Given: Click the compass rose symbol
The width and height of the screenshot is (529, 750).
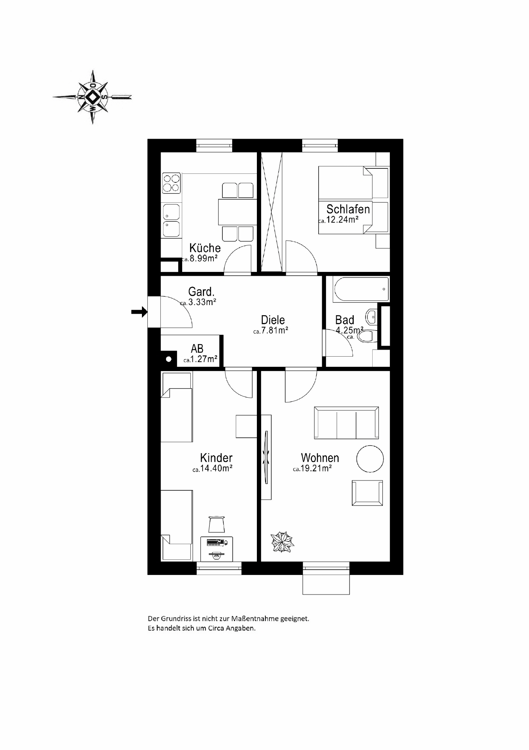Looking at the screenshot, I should click(x=93, y=97).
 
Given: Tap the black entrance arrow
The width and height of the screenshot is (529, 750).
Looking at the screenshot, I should click(x=139, y=312).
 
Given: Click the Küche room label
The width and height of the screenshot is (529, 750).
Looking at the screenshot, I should click(x=205, y=248).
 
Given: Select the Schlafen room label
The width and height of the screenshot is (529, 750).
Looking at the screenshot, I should click(x=348, y=209).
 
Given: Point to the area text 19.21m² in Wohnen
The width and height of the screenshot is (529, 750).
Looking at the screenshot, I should click(x=316, y=468).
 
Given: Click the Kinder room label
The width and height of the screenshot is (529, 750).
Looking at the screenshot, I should click(x=216, y=458).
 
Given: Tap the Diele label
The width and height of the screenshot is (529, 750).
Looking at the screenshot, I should click(x=273, y=320).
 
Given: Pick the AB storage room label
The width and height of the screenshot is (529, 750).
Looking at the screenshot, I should click(x=197, y=348).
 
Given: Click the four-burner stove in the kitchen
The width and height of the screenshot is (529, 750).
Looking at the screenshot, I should click(x=172, y=183).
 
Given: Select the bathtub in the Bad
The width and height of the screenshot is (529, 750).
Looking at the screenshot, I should click(x=361, y=289).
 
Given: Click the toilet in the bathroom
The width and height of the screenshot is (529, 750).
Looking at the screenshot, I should click(x=366, y=336).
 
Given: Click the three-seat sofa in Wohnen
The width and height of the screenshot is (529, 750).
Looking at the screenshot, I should click(x=346, y=423).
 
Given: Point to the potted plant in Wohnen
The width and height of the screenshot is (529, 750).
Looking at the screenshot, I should click(x=282, y=542).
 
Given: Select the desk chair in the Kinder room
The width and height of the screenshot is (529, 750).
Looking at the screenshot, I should click(x=217, y=524).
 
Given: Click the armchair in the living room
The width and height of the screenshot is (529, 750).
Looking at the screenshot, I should click(x=367, y=493).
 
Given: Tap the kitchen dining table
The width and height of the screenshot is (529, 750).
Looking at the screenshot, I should click(x=237, y=212).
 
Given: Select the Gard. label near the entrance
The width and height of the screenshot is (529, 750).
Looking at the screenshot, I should click(x=201, y=292).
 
